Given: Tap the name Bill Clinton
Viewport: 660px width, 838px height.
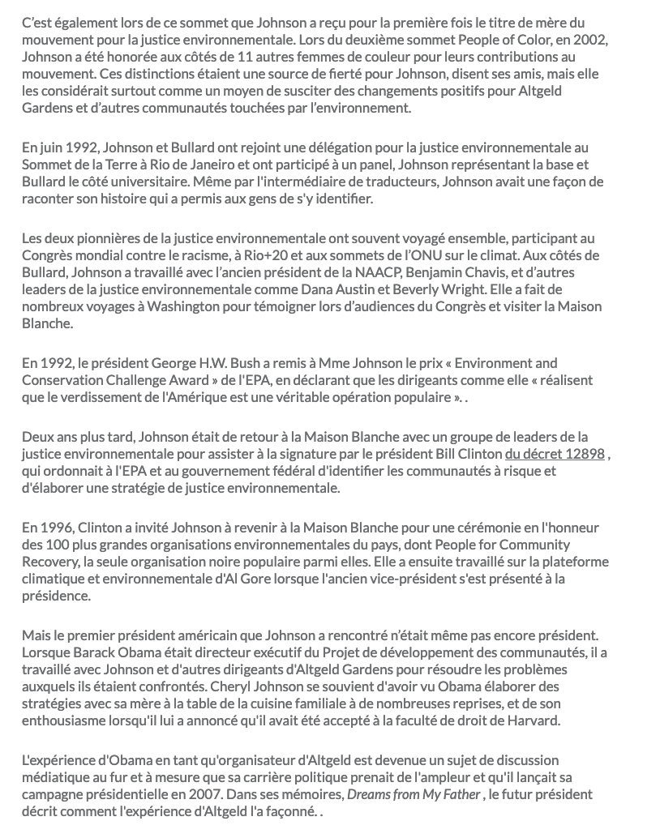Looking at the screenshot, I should click(x=469, y=454).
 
